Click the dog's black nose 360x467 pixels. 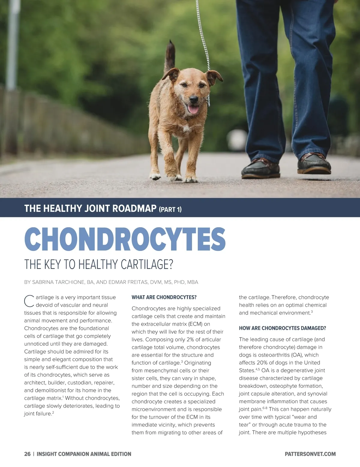193,99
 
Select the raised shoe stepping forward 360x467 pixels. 314,164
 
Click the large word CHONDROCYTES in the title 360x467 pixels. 124,239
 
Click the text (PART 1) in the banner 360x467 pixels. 170,209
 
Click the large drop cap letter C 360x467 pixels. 29,301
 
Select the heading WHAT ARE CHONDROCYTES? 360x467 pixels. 164,297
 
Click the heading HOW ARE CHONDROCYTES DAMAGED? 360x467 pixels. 282,328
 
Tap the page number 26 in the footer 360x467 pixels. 27,454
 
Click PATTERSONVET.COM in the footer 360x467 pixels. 310,454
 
